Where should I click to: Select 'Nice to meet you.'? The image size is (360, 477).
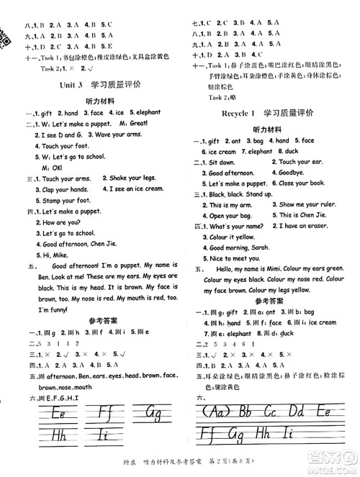coord(238,257)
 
